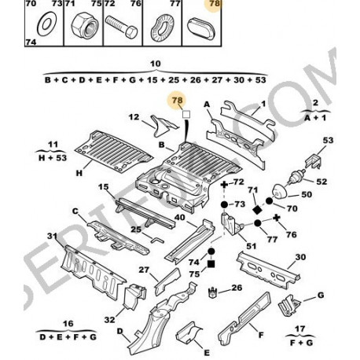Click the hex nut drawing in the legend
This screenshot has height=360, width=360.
pyautogui.click(x=85, y=27)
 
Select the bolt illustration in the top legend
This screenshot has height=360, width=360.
pyautogui.click(x=121, y=27)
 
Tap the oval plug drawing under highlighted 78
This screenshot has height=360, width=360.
pyautogui.click(x=201, y=27)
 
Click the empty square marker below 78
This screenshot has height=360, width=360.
pyautogui.click(x=186, y=115)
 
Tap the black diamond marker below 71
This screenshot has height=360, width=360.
pyautogui.click(x=258, y=210)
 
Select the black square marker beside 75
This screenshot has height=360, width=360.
pyautogui.click(x=211, y=264)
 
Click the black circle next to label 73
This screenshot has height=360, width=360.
pyautogui.click(x=224, y=204)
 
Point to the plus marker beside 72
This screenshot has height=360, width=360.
pyautogui.click(x=224, y=185)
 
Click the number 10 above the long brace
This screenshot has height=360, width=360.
pyautogui.click(x=155, y=64)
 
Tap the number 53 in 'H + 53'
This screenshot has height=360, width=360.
pyautogui.click(x=61, y=158)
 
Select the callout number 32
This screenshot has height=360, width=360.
pyautogui.click(x=110, y=320)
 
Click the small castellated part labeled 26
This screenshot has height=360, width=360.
pyautogui.click(x=212, y=292)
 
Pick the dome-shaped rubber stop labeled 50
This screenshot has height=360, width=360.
pyautogui.click(x=280, y=191)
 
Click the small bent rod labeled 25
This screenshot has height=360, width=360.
pyautogui.click(x=157, y=240)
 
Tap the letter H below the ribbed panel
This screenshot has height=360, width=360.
pyautogui.click(x=79, y=173)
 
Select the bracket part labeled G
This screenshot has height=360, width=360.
pyautogui.click(x=288, y=305)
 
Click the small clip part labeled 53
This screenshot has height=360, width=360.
pyautogui.click(x=313, y=160)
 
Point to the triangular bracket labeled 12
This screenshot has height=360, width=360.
pyautogui.click(x=163, y=127)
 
